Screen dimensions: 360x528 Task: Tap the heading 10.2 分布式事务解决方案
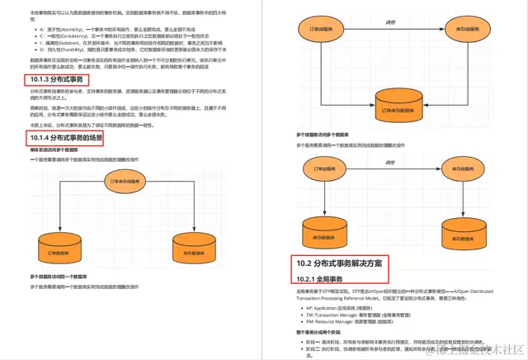coord(339,263)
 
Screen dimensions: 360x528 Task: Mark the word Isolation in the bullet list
coord(68,42)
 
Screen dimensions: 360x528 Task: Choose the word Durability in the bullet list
coord(68,49)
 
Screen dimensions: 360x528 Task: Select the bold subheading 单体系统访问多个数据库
coord(54,151)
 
